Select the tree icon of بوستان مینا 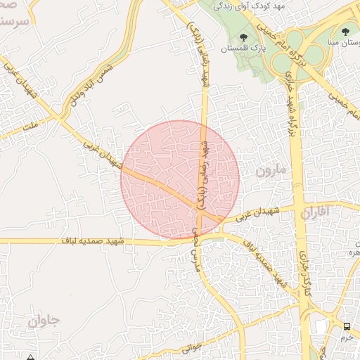click(x=345, y=31)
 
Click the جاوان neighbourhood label click(x=46, y=321)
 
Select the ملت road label click(x=30, y=125)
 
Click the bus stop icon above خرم click(x=347, y=326)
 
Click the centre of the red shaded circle click(x=181, y=179)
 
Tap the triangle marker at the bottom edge click(x=31, y=357)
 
